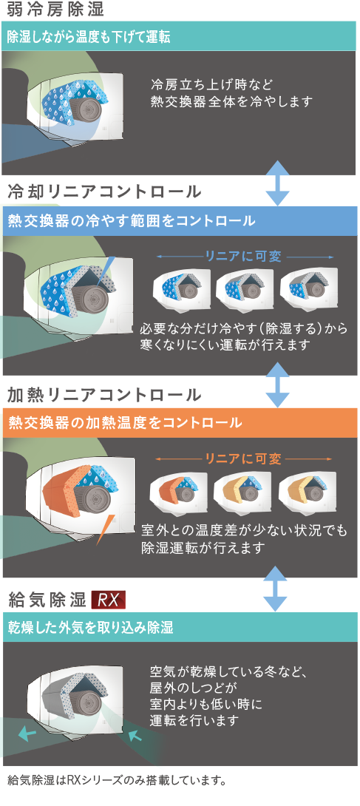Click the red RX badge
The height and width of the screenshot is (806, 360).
[109, 600]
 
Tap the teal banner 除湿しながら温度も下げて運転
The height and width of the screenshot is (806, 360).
[179, 36]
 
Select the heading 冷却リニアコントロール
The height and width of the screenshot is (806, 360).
[105, 192]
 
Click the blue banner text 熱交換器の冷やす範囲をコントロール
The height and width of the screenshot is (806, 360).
[132, 221]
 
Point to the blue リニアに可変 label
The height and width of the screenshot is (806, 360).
[243, 257]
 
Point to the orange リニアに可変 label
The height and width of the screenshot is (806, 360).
[243, 458]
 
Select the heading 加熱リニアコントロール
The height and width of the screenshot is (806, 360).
[105, 395]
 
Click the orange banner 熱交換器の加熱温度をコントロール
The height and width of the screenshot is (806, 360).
[180, 423]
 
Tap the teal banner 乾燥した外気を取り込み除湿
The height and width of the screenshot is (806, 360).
[180, 627]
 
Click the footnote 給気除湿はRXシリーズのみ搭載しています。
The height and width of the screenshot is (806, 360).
[118, 781]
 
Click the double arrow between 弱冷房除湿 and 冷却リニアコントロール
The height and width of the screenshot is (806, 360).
[278, 183]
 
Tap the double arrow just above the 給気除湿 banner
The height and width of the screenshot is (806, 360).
[278, 589]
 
